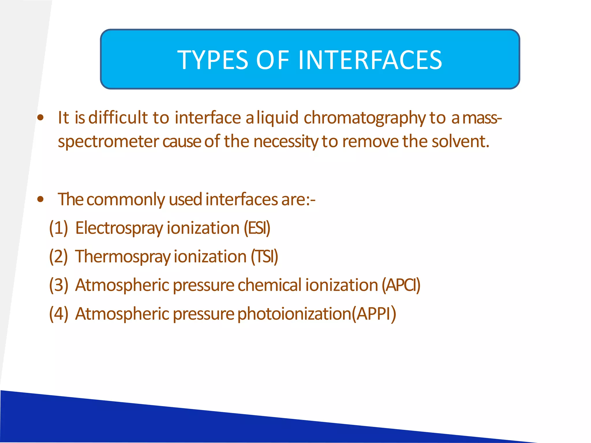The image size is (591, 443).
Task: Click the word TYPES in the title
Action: click(x=213, y=60)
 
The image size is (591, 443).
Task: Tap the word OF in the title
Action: click(x=272, y=60)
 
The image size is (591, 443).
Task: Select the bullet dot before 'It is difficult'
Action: click(x=41, y=117)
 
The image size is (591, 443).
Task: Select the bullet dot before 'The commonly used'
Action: click(x=41, y=199)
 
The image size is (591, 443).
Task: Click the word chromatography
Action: click(x=364, y=118)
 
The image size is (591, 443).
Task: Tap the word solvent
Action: click(x=461, y=141)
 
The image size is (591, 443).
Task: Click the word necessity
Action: click(x=286, y=142)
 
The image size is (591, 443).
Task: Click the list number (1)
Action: click(x=59, y=228)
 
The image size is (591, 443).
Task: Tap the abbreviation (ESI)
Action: click(x=257, y=228)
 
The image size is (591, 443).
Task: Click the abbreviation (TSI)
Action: click(x=264, y=256)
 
